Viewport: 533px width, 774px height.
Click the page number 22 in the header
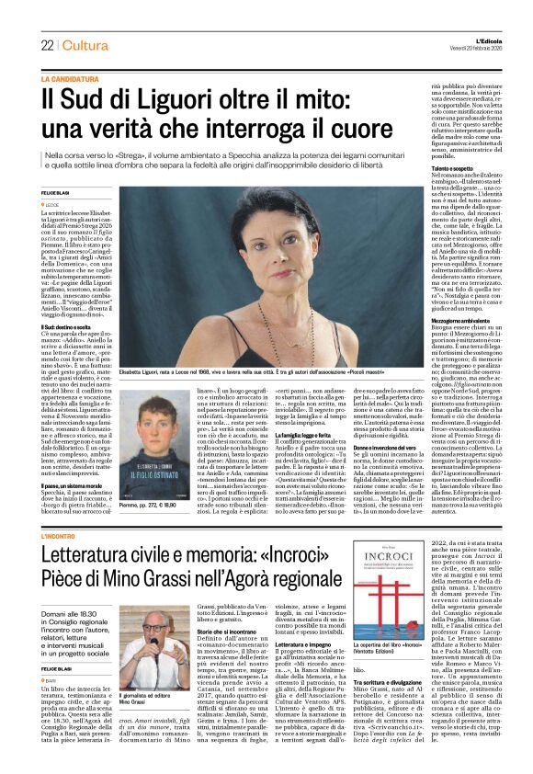point(47,46)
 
